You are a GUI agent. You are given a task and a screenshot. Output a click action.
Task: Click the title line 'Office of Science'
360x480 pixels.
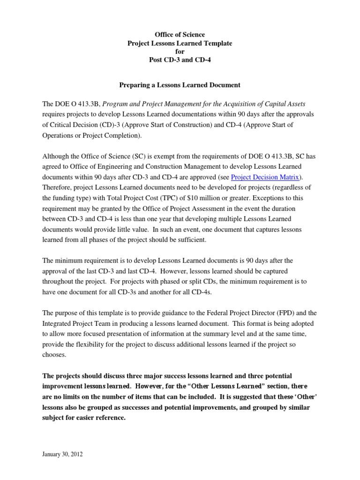180,35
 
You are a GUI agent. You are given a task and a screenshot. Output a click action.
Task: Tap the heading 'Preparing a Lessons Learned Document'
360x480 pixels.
180,85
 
